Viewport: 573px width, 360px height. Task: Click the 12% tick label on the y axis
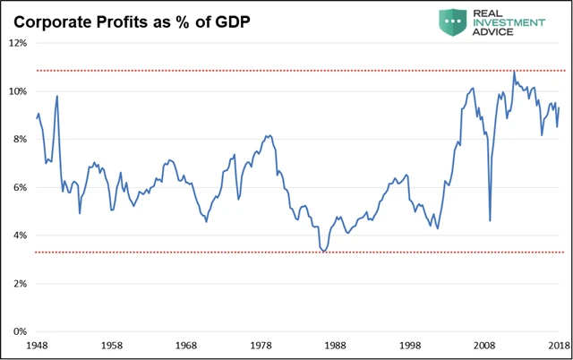pyautogui.click(x=16, y=43)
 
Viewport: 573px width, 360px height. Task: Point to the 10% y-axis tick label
pyautogui.click(x=16, y=91)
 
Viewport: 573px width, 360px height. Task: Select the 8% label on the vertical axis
pyautogui.click(x=18, y=140)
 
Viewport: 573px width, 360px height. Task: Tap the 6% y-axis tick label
pyautogui.click(x=18, y=187)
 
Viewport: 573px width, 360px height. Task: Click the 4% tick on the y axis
pyautogui.click(x=18, y=236)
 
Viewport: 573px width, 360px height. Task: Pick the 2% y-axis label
pyautogui.click(x=18, y=284)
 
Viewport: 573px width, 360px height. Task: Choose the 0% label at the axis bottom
pyautogui.click(x=18, y=331)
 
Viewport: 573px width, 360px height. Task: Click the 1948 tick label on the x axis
pyautogui.click(x=37, y=345)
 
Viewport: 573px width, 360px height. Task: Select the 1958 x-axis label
pyautogui.click(x=111, y=345)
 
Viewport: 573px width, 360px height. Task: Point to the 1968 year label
pyautogui.click(x=186, y=345)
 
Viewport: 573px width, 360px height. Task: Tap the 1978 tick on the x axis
pyautogui.click(x=261, y=345)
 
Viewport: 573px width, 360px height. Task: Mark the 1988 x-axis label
pyautogui.click(x=336, y=345)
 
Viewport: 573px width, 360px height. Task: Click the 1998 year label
pyautogui.click(x=410, y=345)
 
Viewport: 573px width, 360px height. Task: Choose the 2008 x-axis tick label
pyautogui.click(x=485, y=345)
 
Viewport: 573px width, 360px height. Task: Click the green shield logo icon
pyautogui.click(x=452, y=21)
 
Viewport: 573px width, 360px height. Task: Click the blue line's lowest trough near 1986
pyautogui.click(x=323, y=252)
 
